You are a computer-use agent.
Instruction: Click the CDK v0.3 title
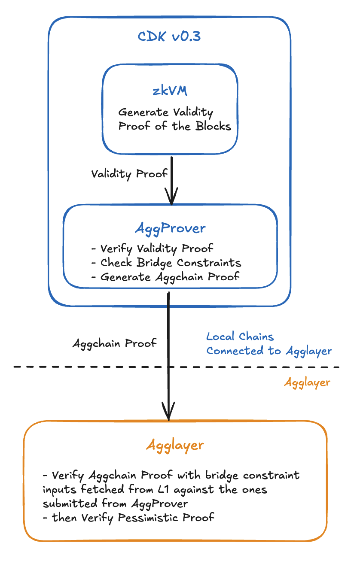click(x=169, y=36)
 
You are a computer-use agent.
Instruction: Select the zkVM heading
click(x=170, y=92)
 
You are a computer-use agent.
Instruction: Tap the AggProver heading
click(x=170, y=228)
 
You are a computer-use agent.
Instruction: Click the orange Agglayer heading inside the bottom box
click(x=175, y=445)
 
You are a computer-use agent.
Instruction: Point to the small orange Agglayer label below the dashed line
click(x=307, y=382)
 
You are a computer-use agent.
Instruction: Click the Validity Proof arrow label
click(x=129, y=174)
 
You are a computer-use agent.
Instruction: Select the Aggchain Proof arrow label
click(x=114, y=343)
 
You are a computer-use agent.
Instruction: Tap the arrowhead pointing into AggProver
click(x=171, y=198)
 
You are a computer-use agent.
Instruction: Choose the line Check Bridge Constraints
click(x=167, y=263)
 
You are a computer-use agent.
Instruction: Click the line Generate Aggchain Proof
click(x=165, y=277)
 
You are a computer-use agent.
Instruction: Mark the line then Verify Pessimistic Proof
click(x=129, y=518)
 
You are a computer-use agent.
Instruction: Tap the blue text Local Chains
click(x=240, y=337)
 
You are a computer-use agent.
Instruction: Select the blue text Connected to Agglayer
click(x=269, y=351)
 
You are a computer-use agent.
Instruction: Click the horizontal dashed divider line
click(x=86, y=367)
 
